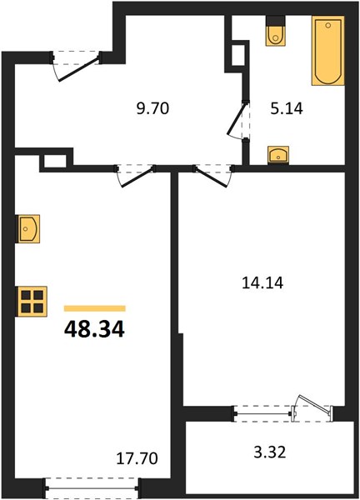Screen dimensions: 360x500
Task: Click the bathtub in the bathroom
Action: [328, 51]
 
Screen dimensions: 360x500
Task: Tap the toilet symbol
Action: [276, 32]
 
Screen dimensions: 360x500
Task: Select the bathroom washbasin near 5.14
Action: [278, 155]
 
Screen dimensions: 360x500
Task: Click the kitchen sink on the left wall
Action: [27, 228]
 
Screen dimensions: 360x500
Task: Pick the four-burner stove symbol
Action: [32, 302]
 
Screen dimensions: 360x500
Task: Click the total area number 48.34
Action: [94, 330]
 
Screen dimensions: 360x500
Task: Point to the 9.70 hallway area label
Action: [152, 108]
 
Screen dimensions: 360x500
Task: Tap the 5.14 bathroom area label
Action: [287, 109]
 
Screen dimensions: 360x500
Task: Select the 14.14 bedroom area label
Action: [262, 282]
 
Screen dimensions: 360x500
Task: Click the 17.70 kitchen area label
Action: [137, 458]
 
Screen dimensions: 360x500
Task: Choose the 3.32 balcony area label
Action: [269, 452]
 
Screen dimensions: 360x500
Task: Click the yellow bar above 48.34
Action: [95, 308]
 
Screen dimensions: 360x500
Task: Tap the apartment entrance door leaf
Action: [78, 69]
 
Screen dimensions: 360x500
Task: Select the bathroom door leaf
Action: [237, 118]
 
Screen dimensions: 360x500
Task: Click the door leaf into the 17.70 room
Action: [137, 177]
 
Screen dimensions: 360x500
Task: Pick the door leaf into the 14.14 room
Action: [212, 177]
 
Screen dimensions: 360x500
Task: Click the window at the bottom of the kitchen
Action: [92, 487]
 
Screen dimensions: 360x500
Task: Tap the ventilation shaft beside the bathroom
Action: [238, 56]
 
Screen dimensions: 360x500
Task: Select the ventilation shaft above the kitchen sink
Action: [55, 161]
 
